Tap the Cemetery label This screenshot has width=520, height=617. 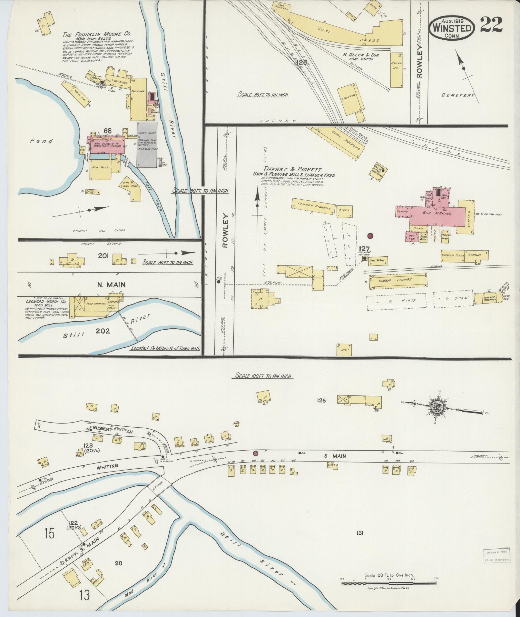point(458,95)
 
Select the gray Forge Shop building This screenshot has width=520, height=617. point(147,144)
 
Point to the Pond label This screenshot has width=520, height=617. point(42,141)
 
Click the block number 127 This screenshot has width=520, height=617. point(364,249)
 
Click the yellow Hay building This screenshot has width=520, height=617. point(344,350)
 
